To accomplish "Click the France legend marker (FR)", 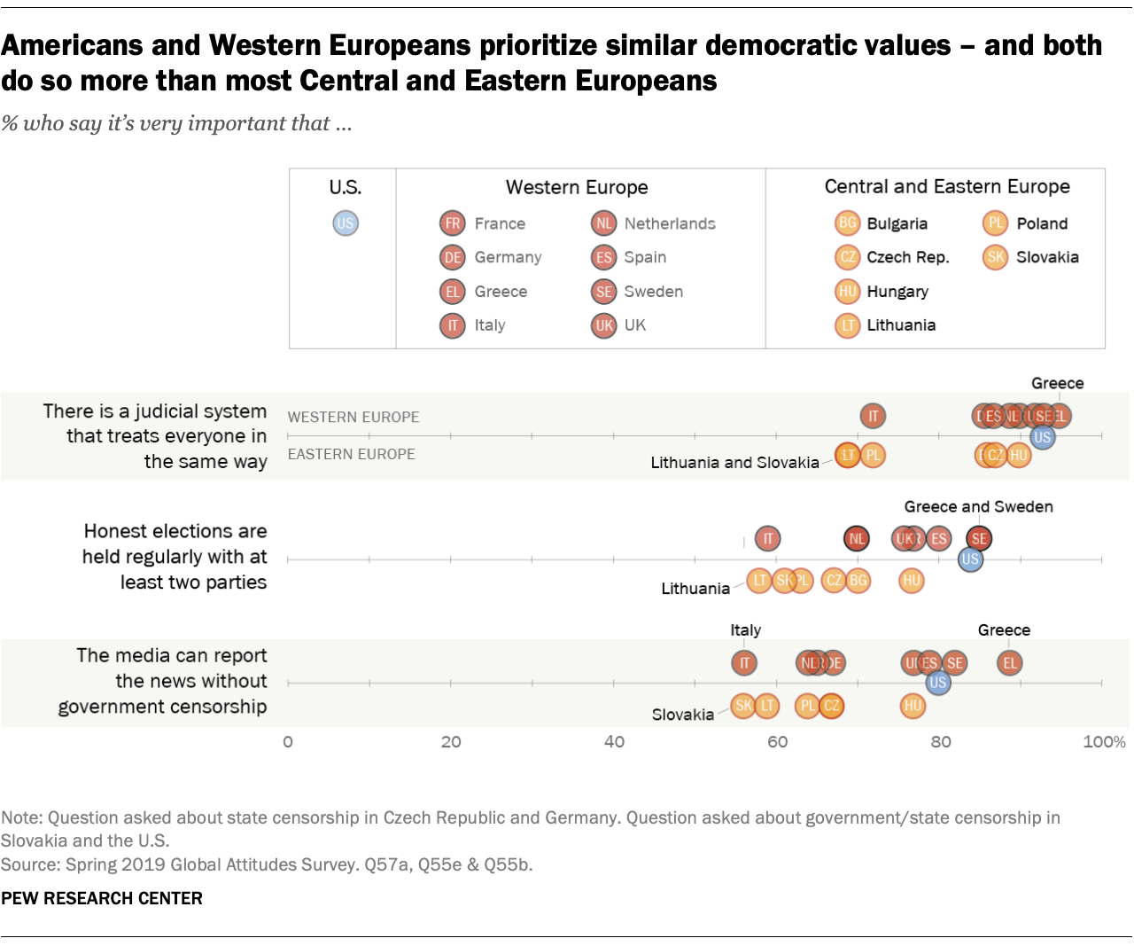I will click(453, 223).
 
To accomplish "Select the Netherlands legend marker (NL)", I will click(603, 223).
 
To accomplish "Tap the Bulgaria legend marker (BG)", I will click(848, 223).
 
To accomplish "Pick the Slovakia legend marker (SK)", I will click(996, 257).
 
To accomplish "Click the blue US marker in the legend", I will click(346, 223).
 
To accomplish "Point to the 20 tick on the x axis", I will click(451, 741).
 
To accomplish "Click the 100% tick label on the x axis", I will click(1104, 741).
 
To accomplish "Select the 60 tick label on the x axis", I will click(777, 741).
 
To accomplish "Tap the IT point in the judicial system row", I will click(873, 415).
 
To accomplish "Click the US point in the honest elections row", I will click(970, 559).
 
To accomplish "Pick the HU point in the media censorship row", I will click(913, 706).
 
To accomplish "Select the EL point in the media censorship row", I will click(1009, 662).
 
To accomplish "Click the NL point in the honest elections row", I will click(857, 538).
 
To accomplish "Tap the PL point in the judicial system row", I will click(873, 456).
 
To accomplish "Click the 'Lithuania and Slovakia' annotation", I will click(734, 463).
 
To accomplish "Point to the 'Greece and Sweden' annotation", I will click(978, 506).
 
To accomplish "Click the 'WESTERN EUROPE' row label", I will click(353, 417).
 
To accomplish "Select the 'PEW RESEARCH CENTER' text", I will click(102, 898).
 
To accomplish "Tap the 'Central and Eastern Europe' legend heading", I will click(947, 186).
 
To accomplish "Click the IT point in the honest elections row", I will click(768, 538).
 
